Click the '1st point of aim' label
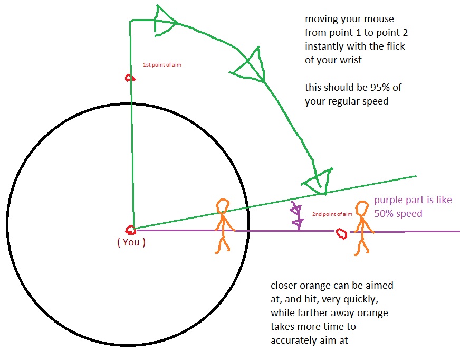162,65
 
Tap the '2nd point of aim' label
332,214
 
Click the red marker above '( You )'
130,230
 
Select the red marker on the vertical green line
129,78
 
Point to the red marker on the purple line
341,233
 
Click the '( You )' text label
130,243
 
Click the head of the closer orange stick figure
223,205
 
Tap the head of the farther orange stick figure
361,209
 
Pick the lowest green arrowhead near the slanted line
318,181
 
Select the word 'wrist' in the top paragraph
350,60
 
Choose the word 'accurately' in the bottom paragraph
294,340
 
